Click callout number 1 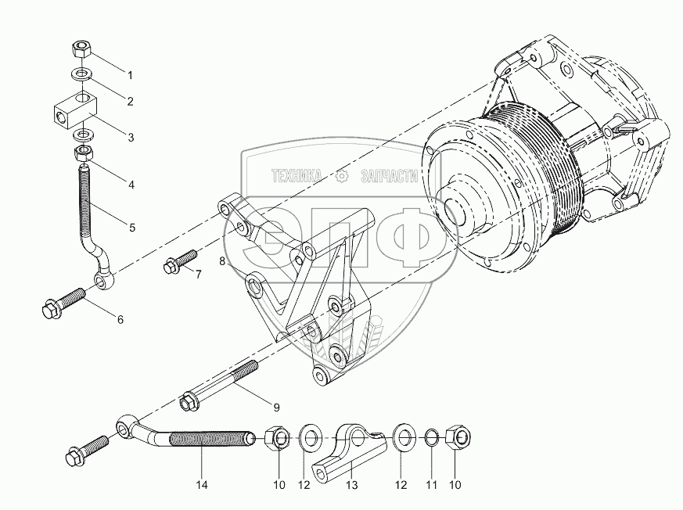click(x=131, y=76)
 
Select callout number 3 click(x=131, y=137)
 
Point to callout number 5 click(x=131, y=228)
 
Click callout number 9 click(x=276, y=407)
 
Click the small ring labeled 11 click(x=430, y=436)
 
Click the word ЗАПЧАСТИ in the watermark click(x=389, y=177)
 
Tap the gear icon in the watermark click(x=342, y=177)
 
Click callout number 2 click(x=131, y=101)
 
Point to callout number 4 click(x=131, y=185)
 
